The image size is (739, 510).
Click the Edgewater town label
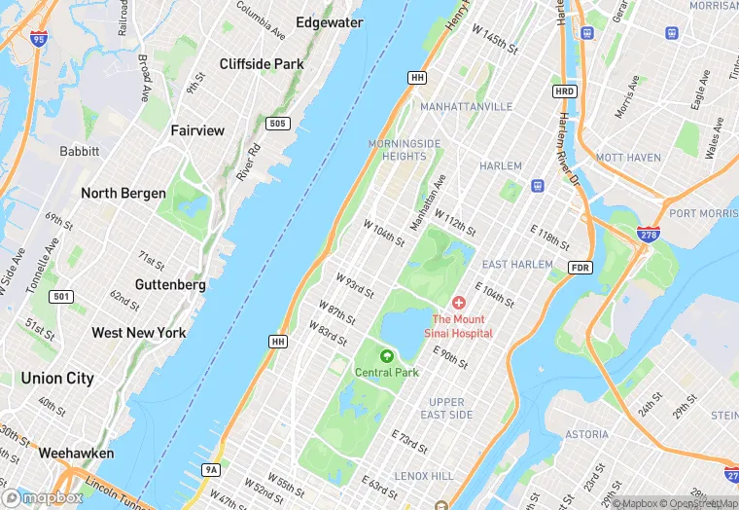click(330, 22)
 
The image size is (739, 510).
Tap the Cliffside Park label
click(262, 64)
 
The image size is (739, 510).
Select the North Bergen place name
click(123, 193)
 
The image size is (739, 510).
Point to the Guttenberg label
click(170, 285)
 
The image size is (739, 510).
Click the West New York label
click(139, 333)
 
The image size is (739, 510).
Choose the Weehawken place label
click(76, 453)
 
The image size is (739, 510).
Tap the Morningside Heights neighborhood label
click(405, 150)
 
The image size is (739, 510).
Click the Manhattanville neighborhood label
click(467, 106)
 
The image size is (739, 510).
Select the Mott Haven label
click(628, 158)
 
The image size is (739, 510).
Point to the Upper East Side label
click(447, 408)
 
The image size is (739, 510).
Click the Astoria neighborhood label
click(586, 434)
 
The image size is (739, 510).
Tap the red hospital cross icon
click(459, 304)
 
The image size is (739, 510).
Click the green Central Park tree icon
click(387, 356)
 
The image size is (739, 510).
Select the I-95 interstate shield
click(38, 39)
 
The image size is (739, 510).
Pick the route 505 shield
click(278, 124)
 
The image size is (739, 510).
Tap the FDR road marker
click(580, 267)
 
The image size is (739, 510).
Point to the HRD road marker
click(565, 91)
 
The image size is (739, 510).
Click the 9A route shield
click(211, 470)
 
